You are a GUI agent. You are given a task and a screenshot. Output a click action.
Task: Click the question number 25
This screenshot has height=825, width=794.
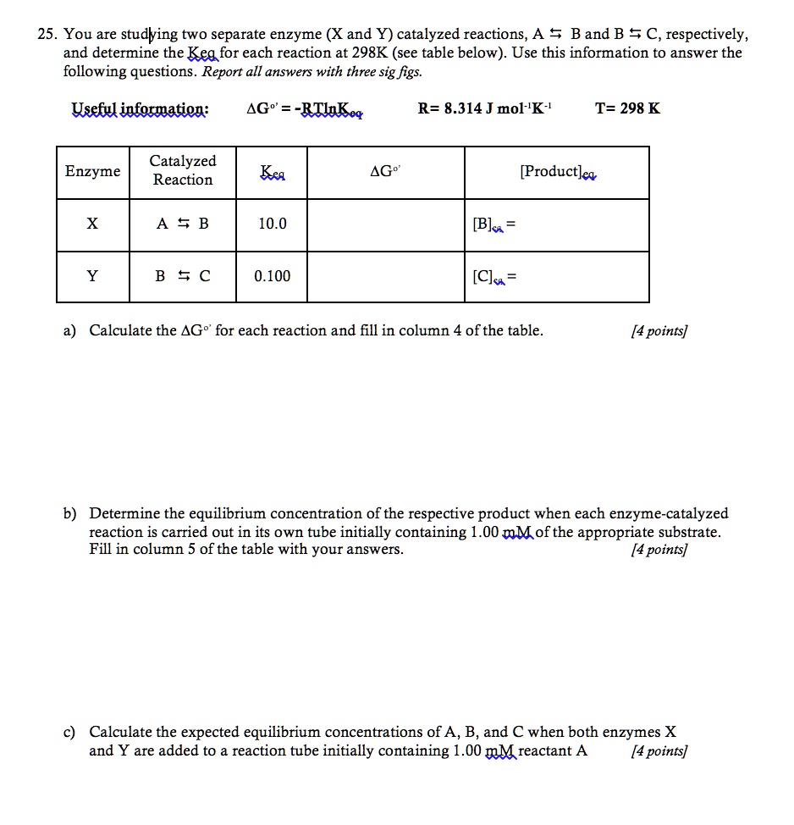[x=47, y=35]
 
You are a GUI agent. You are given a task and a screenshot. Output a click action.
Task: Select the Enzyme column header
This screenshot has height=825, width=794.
[x=93, y=172]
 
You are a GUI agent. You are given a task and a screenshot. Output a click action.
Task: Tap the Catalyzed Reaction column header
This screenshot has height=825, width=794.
[x=183, y=170]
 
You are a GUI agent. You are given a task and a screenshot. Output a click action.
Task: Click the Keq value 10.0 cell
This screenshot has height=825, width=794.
[x=273, y=224]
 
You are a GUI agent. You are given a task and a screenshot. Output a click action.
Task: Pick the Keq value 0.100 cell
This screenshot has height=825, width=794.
[x=273, y=276]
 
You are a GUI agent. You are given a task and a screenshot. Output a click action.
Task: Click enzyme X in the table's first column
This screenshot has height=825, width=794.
[x=92, y=224]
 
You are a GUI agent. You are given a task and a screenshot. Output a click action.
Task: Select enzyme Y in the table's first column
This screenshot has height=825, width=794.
[x=92, y=276]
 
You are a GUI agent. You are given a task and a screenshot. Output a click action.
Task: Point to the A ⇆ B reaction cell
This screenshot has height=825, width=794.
[x=183, y=224]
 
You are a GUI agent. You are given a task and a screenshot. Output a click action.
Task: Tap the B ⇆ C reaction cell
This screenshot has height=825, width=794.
[x=183, y=276]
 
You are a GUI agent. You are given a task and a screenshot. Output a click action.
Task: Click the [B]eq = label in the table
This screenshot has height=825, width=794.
[x=493, y=225]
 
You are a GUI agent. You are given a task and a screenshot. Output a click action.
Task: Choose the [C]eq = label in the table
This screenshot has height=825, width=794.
[x=493, y=277]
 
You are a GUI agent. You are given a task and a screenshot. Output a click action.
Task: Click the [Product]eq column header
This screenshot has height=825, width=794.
[x=559, y=172]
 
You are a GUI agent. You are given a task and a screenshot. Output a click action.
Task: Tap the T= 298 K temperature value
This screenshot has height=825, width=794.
[x=627, y=108]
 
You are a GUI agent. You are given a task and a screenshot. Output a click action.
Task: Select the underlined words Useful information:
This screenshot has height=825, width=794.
[x=140, y=109]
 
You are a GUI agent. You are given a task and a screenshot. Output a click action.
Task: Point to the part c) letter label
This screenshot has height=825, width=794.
[x=69, y=732]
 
